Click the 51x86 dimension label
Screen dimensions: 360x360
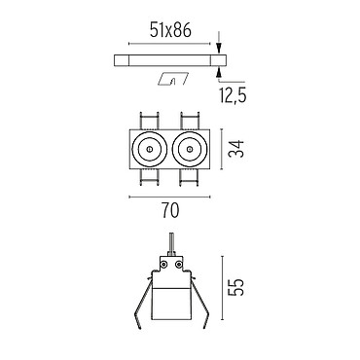pos(170,31)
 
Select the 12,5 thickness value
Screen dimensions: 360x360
pos(233,95)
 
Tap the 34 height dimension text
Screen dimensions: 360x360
pos(236,149)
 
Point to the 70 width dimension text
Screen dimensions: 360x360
pos(170,211)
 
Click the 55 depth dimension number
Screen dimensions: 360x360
pos(235,287)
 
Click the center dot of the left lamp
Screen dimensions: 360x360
pos(149,149)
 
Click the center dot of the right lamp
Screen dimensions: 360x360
pos(190,149)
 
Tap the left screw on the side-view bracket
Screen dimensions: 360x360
pos(164,265)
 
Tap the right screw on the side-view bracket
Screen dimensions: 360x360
pos(178,265)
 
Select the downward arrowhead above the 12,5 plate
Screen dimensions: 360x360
pos(219,49)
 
